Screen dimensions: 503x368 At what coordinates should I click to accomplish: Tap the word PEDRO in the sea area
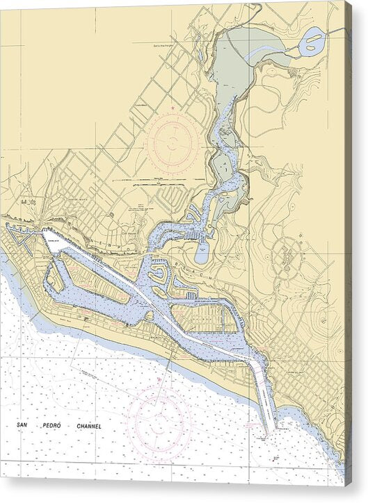[x=57, y=426]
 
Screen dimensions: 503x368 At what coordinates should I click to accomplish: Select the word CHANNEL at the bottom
[x=88, y=426]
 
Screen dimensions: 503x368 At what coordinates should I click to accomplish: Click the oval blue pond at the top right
[x=312, y=42]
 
